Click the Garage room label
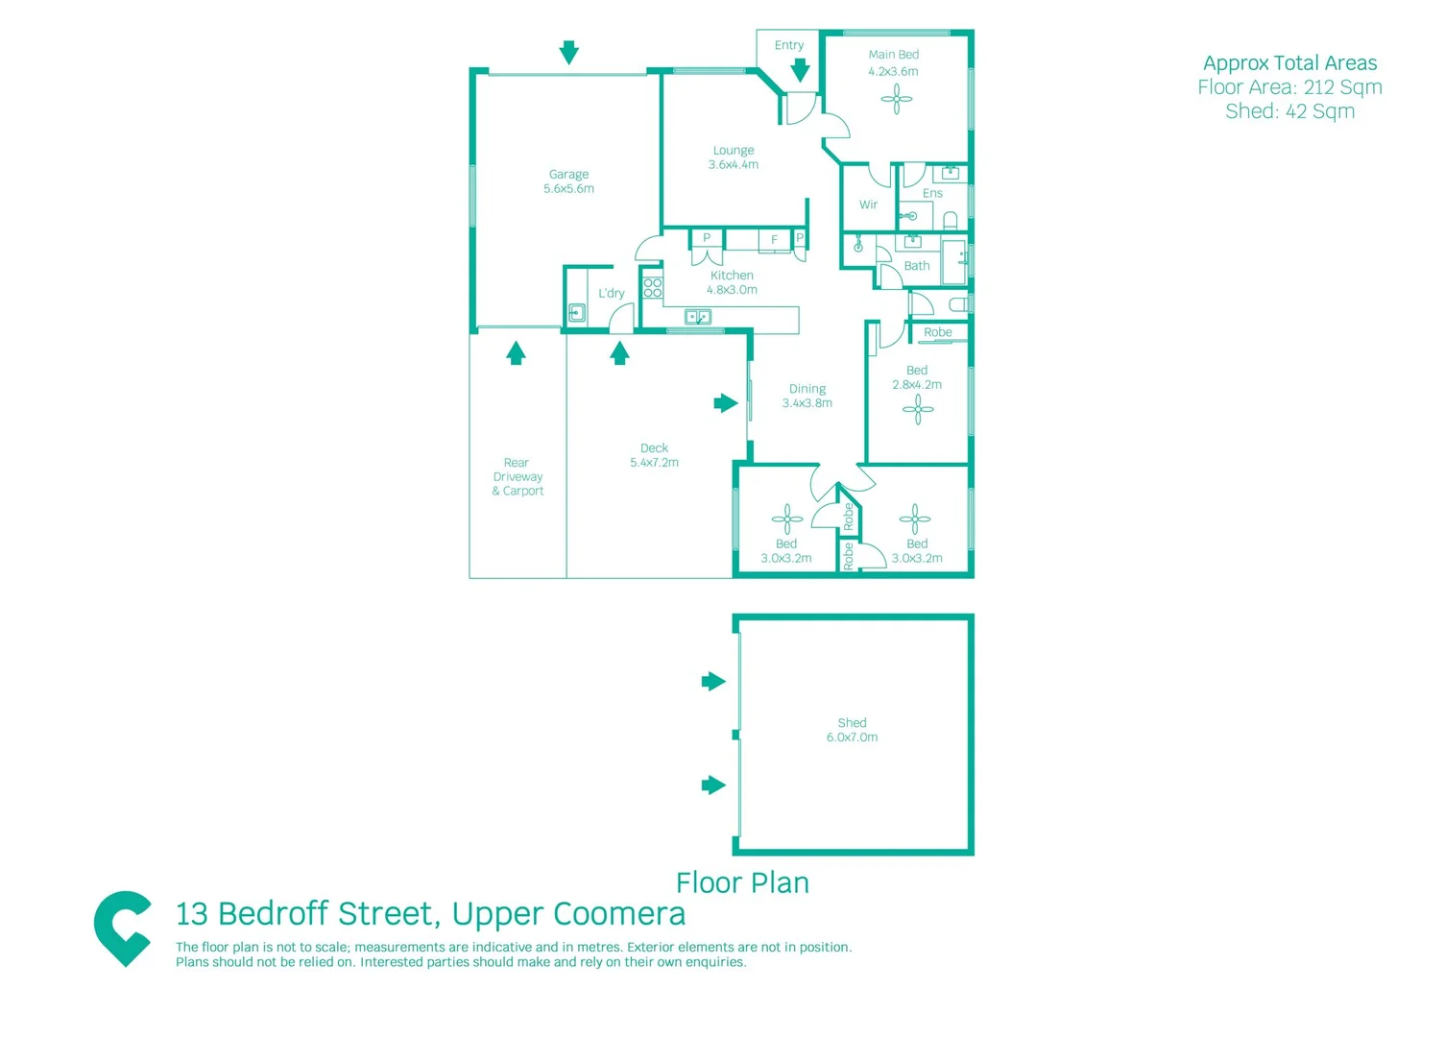[x=568, y=181]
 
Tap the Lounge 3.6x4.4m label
[x=734, y=157]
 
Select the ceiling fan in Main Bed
[x=897, y=99]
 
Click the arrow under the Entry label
[x=800, y=70]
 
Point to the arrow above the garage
[x=569, y=53]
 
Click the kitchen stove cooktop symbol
[x=653, y=287]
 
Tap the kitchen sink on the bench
[x=698, y=317]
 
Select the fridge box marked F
[x=774, y=240]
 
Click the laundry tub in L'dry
[x=577, y=312]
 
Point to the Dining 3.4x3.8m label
[x=807, y=396]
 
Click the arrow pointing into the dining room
[x=726, y=403]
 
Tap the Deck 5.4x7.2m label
[x=654, y=455]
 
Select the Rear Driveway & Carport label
[x=518, y=476]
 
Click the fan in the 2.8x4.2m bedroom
[x=918, y=411]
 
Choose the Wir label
[x=868, y=205]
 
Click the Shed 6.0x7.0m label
[x=852, y=730]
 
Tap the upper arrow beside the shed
[x=713, y=682]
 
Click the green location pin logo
[x=122, y=928]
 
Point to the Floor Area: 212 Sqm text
[x=1289, y=87]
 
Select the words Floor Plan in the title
[x=742, y=882]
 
